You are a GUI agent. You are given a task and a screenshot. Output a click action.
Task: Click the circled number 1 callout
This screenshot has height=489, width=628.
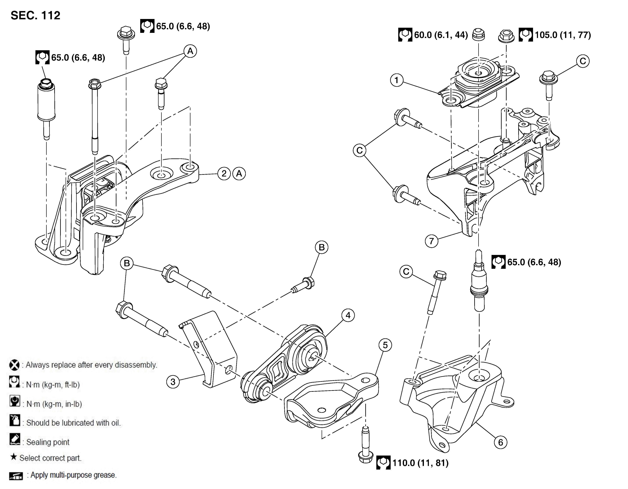397,80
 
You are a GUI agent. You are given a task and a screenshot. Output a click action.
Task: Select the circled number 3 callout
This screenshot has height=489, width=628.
173,382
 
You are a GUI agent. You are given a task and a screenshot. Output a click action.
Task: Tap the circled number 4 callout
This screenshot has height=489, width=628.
348,315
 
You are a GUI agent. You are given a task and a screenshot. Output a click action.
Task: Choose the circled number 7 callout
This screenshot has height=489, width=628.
431,241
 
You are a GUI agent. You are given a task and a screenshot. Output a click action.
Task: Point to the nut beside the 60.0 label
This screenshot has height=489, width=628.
478,35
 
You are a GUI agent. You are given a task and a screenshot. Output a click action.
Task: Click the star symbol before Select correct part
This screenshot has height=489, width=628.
13,457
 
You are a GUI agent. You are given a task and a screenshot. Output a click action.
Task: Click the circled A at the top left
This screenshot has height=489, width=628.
190,51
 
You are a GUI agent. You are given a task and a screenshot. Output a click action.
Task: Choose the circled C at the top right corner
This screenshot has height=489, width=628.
583,61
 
